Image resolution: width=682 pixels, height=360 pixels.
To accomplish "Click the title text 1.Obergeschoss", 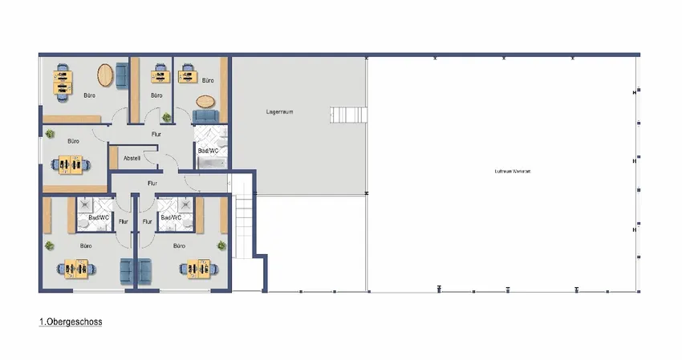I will (x=71, y=322).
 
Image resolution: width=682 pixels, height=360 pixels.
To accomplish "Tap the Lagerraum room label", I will (x=279, y=112).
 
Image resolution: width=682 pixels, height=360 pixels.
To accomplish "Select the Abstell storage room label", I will (x=132, y=158).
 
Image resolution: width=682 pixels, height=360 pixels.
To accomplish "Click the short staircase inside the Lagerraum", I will (x=348, y=114).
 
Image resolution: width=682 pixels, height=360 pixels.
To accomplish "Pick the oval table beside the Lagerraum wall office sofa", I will (x=205, y=102).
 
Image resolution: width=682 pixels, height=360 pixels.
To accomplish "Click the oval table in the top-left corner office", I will (x=106, y=75).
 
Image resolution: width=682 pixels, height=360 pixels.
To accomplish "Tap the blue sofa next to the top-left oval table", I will (x=122, y=76).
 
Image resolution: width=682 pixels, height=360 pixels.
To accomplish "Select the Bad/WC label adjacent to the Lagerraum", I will (x=208, y=151).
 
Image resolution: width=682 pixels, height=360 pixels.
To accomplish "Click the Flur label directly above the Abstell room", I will (x=156, y=134).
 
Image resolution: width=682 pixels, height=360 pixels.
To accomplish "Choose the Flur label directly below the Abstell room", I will (x=152, y=183).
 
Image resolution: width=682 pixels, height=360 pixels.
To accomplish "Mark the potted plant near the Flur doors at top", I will (x=167, y=118).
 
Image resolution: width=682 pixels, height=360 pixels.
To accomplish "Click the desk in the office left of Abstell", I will (x=71, y=163).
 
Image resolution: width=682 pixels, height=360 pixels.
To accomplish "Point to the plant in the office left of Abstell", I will (x=50, y=134).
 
